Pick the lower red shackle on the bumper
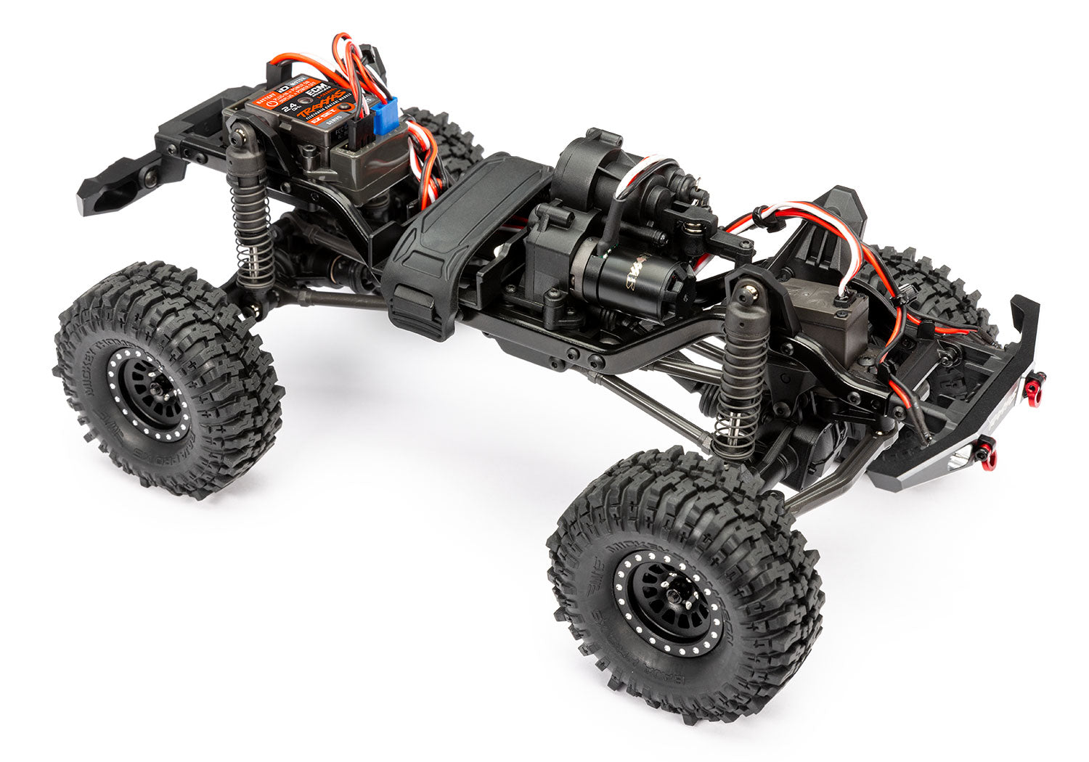point(989,455)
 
